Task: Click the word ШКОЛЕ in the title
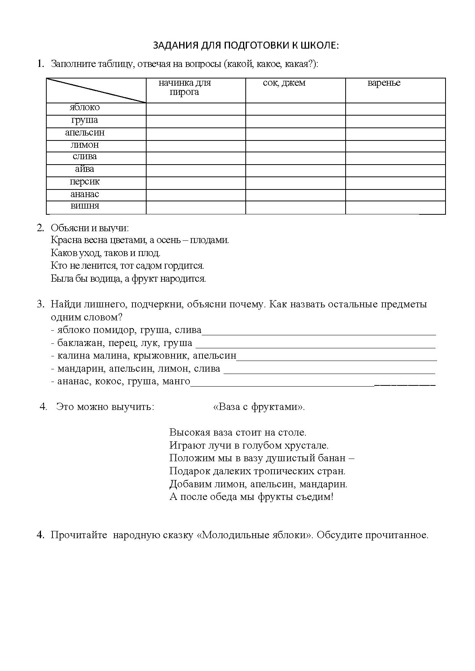coord(319,45)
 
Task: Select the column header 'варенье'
coord(384,83)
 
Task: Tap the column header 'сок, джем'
coord(284,83)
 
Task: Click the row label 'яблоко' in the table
coord(85,108)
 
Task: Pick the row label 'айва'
coord(85,169)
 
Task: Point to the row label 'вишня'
coord(85,206)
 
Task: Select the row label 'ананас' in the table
coord(85,194)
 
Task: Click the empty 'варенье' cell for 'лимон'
coord(395,146)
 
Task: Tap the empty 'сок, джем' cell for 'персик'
coord(295,183)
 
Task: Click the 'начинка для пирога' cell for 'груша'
coord(196,121)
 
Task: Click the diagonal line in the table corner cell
coord(96,90)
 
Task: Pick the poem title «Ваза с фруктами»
coord(259,407)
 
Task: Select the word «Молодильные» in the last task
coord(224,535)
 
